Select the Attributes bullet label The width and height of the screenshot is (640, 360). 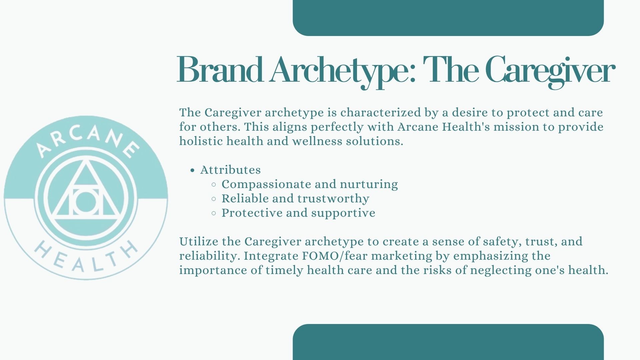pyautogui.click(x=230, y=170)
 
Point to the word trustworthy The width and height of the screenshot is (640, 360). pyautogui.click(x=333, y=199)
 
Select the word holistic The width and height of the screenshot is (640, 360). pyautogui.click(x=201, y=141)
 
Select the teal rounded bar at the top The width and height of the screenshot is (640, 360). pyautogui.click(x=448, y=18)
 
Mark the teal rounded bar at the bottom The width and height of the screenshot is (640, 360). pyautogui.click(x=448, y=342)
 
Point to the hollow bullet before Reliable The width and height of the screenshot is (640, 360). pyautogui.click(x=214, y=199)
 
